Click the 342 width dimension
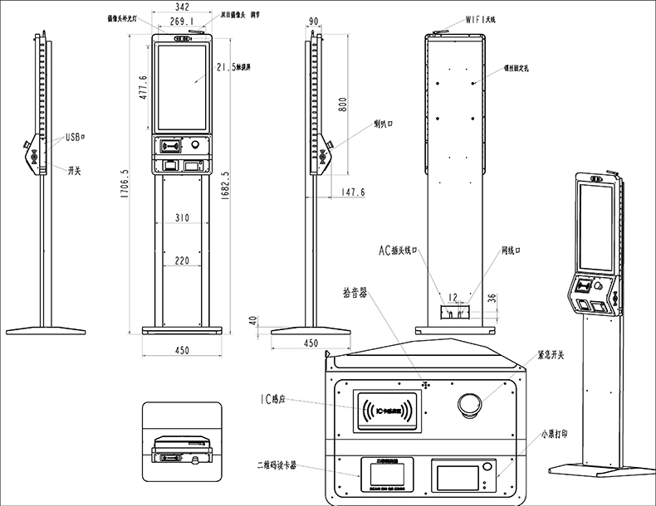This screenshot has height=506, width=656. [x=181, y=7]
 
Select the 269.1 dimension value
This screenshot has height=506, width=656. [x=181, y=22]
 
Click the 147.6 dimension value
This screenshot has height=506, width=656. [x=353, y=192]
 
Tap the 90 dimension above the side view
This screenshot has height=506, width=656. [x=314, y=22]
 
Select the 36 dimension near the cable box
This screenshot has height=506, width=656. [x=491, y=299]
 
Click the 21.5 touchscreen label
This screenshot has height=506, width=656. [x=232, y=67]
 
